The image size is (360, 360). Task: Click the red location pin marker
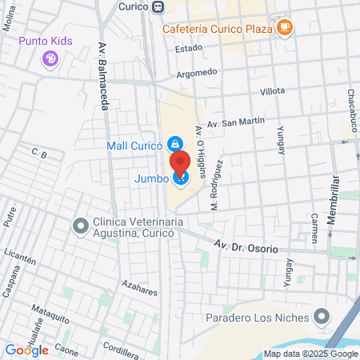[180, 162]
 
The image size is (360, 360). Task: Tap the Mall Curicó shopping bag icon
[174, 145]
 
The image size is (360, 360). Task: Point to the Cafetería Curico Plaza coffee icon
[285, 27]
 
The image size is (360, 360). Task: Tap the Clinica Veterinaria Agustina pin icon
[80, 226]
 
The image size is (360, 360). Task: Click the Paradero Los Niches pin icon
[322, 317]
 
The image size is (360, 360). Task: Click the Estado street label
[189, 48]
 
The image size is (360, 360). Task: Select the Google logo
[27, 350]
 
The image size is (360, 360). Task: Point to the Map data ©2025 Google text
[311, 354]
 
